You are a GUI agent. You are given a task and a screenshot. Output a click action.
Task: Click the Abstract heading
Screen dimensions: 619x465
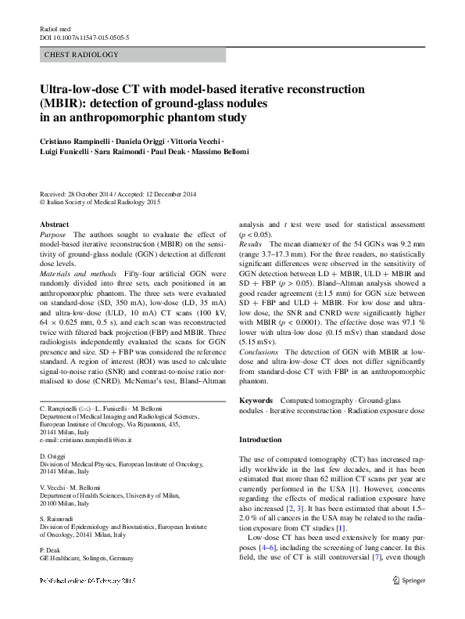(x=54, y=224)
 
